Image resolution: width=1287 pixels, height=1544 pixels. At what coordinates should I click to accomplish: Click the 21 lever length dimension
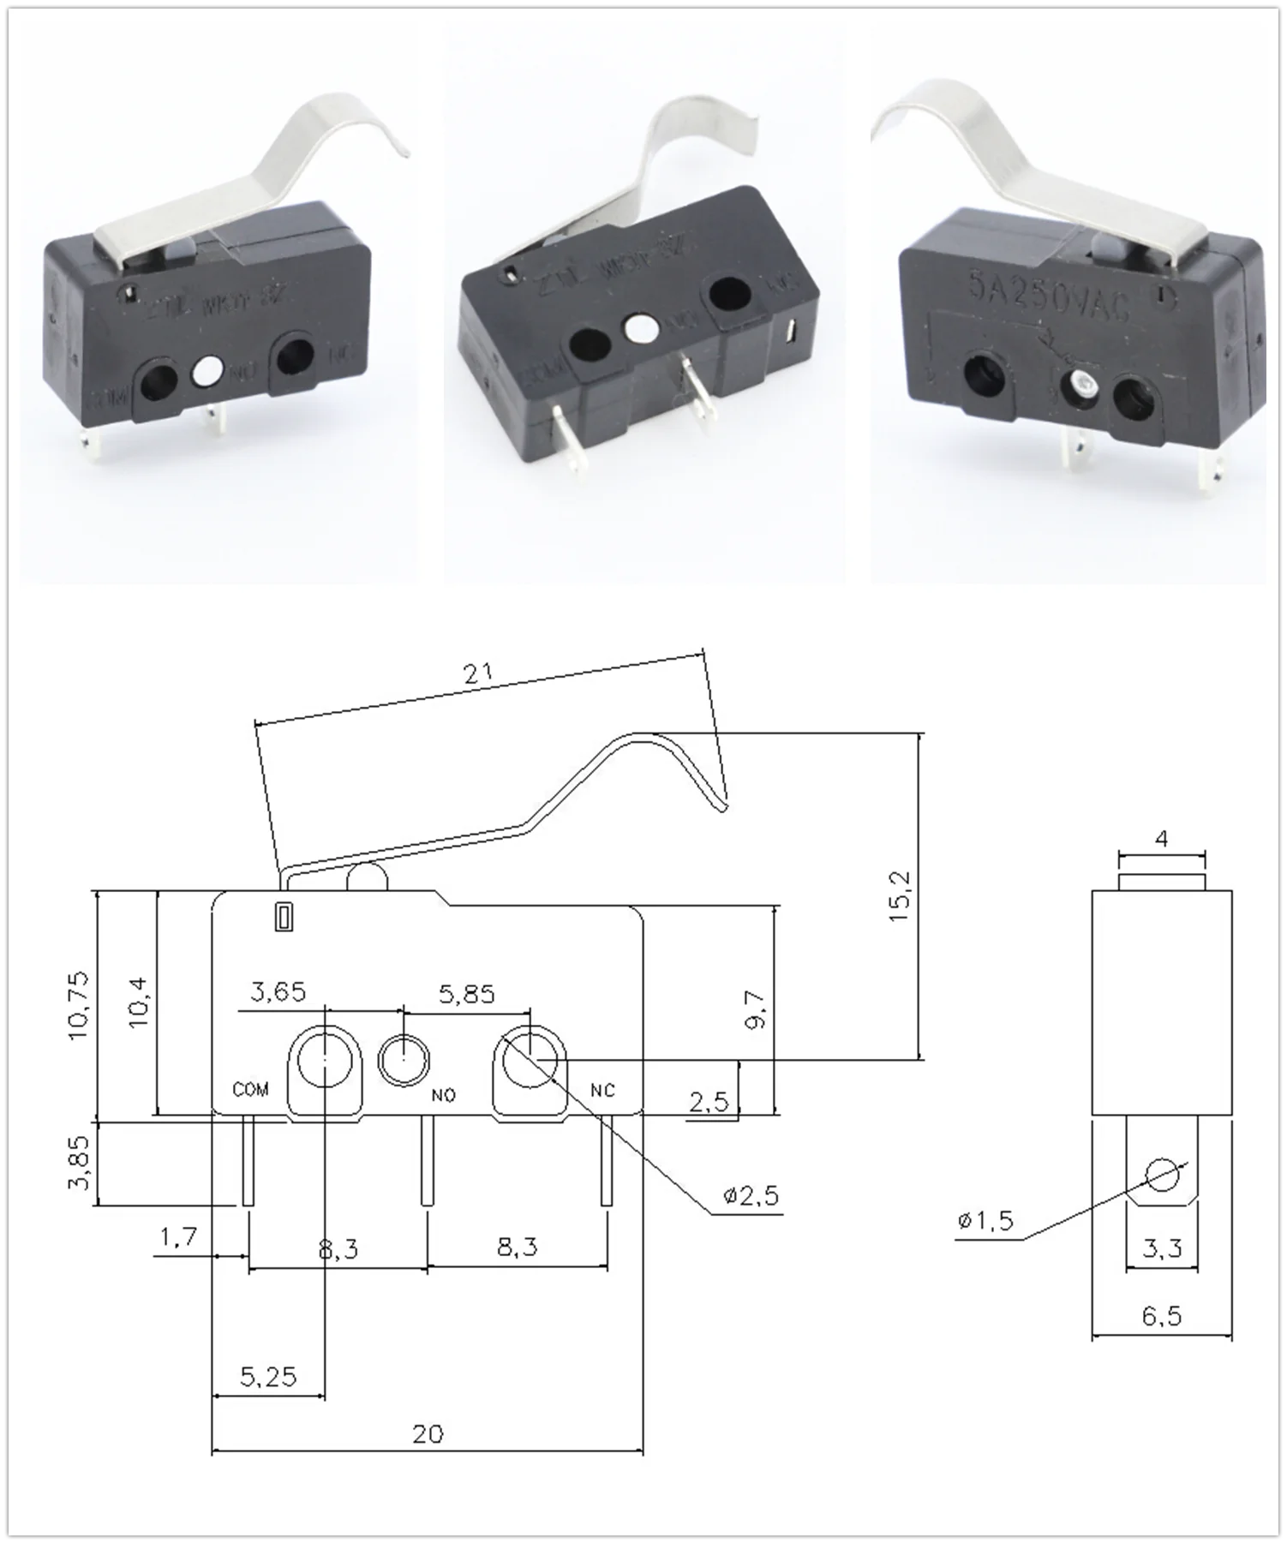tap(479, 673)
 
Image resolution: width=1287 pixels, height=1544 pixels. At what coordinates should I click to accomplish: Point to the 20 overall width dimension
tap(428, 1433)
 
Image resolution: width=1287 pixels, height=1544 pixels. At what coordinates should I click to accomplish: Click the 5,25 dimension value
tap(268, 1375)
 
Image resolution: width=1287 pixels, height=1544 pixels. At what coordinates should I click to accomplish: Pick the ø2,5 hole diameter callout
tap(751, 1195)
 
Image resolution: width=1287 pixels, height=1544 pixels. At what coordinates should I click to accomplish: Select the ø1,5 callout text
tap(985, 1220)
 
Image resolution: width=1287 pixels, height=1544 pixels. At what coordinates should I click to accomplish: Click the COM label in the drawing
tap(250, 1089)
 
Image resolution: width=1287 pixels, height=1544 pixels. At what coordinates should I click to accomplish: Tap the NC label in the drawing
tap(602, 1090)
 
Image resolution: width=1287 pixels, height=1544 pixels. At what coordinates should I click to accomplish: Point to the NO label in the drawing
tap(444, 1095)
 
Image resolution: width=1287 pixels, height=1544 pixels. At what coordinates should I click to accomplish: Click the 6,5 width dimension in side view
tap(1162, 1315)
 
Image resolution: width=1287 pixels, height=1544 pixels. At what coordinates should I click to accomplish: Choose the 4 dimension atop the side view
tap(1162, 838)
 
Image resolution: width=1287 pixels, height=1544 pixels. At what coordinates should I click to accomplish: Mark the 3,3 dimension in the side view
tap(1162, 1248)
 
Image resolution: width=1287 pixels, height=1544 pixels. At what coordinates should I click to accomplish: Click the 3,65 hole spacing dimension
tap(278, 991)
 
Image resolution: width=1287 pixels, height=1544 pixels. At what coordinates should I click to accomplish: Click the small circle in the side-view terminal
tap(1162, 1175)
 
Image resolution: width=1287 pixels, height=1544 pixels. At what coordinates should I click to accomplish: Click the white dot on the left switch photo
tap(207, 371)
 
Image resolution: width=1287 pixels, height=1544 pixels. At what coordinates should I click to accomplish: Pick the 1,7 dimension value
tap(179, 1236)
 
